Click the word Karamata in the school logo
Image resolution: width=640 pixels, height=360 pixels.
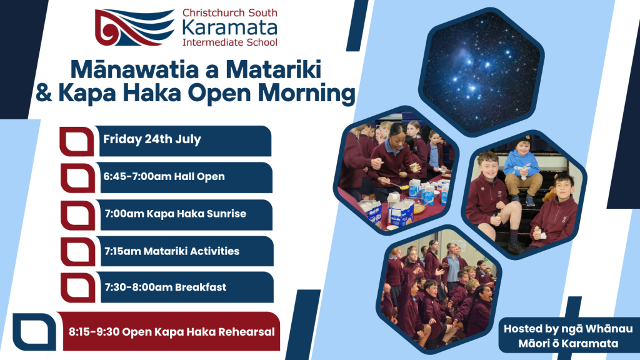[x=230, y=27]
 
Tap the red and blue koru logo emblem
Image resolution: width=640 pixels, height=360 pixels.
[x=135, y=27]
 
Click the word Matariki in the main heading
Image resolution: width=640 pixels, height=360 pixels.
[x=273, y=69]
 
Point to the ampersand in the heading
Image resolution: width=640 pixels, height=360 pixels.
[x=44, y=92]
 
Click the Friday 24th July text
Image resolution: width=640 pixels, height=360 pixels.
[x=152, y=139]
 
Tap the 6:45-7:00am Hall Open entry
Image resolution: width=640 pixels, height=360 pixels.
[x=164, y=176]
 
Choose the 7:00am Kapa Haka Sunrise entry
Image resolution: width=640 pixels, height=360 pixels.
[x=176, y=214]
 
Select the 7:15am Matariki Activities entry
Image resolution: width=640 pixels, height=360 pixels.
[x=172, y=251]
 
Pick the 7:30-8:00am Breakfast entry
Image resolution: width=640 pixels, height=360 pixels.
[x=165, y=287]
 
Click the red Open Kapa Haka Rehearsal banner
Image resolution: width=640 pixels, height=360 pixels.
[x=169, y=331]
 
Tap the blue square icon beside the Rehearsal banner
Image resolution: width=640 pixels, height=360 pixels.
[x=34, y=332]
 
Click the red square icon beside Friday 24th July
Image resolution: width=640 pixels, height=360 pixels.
[x=77, y=141]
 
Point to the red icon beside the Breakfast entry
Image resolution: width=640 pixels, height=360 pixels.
[x=78, y=287]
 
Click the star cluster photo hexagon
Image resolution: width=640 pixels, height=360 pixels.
[x=481, y=72]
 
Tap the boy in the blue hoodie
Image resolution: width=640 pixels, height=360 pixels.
[x=522, y=171]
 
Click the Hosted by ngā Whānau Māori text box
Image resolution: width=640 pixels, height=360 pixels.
[x=568, y=336]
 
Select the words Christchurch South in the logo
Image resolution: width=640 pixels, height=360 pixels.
[x=230, y=12]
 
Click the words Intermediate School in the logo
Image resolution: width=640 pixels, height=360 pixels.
[x=230, y=42]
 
